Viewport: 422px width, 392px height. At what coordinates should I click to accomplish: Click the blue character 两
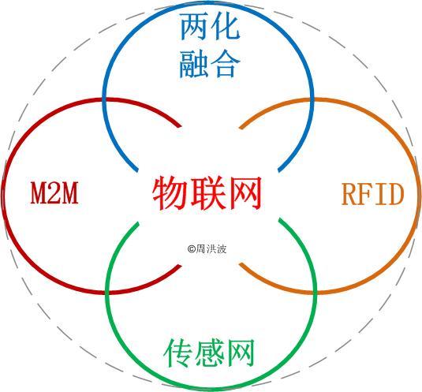pyautogui.click(x=193, y=27)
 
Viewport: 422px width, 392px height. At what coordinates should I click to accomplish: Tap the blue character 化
pyautogui.click(x=226, y=27)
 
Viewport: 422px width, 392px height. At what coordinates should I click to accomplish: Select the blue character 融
pyautogui.click(x=193, y=64)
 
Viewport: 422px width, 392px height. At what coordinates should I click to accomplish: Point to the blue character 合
pyautogui.click(x=226, y=64)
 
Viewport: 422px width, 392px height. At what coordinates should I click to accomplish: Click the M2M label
pyautogui.click(x=54, y=193)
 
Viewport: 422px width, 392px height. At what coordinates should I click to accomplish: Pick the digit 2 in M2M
pyautogui.click(x=54, y=193)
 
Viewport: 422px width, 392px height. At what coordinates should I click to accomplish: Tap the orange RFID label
pyautogui.click(x=373, y=194)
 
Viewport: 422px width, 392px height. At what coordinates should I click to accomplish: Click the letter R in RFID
pyautogui.click(x=350, y=194)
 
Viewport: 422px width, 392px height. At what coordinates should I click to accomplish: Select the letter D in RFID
pyautogui.click(x=395, y=194)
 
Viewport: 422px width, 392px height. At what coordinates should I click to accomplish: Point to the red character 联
pyautogui.click(x=207, y=192)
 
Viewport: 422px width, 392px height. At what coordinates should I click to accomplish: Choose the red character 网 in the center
pyautogui.click(x=245, y=192)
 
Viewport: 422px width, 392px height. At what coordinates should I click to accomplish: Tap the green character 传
pyautogui.click(x=178, y=353)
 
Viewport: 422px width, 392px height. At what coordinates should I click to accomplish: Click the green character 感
pyautogui.click(x=210, y=353)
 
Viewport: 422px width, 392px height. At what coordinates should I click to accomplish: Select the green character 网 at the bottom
pyautogui.click(x=241, y=353)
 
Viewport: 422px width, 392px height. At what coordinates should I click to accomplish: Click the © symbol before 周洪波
pyautogui.click(x=192, y=249)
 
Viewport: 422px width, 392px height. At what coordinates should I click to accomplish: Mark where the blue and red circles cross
pyautogui.click(x=104, y=99)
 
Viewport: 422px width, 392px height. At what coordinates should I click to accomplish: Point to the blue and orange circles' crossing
pyautogui.click(x=312, y=99)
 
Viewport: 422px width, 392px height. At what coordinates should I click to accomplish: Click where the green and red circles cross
pyautogui.click(x=107, y=292)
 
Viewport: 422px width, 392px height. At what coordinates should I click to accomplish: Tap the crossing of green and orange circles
pyautogui.click(x=315, y=292)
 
